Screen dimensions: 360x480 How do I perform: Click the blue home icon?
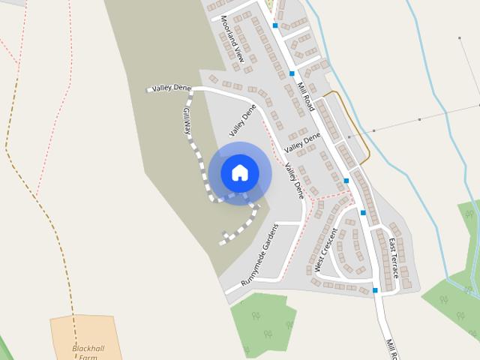(240, 172)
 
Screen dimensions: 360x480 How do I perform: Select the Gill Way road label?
(187, 121)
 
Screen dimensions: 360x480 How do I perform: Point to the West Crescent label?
(327, 250)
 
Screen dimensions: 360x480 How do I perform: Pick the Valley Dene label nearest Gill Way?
(171, 88)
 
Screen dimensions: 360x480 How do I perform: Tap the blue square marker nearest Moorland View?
(275, 25)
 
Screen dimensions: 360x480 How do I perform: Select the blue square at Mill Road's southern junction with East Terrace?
(375, 289)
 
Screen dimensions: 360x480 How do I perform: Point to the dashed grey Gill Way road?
(200, 161)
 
